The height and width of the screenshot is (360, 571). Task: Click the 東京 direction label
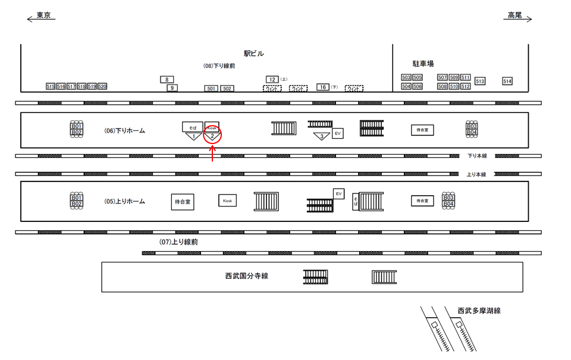click(x=43, y=15)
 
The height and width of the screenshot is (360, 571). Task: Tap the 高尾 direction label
click(x=514, y=15)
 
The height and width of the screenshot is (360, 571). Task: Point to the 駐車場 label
click(x=423, y=63)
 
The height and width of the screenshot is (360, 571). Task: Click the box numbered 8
click(x=167, y=79)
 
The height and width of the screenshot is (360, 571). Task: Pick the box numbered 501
click(x=211, y=89)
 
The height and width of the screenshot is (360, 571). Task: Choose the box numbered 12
click(x=272, y=79)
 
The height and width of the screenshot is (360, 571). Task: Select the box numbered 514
click(x=507, y=81)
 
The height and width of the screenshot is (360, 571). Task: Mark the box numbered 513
click(x=480, y=81)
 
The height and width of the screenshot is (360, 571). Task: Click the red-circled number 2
click(x=212, y=136)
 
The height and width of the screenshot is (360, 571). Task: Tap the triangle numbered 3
click(x=322, y=136)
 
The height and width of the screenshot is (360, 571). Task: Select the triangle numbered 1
click(x=193, y=136)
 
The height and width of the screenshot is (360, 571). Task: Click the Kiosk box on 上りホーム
click(x=227, y=201)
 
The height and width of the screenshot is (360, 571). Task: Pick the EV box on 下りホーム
click(x=337, y=133)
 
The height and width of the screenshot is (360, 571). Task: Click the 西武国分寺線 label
click(x=246, y=276)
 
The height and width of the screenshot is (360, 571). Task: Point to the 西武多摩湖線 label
click(x=479, y=311)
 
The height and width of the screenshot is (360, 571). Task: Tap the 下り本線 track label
click(x=477, y=156)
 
